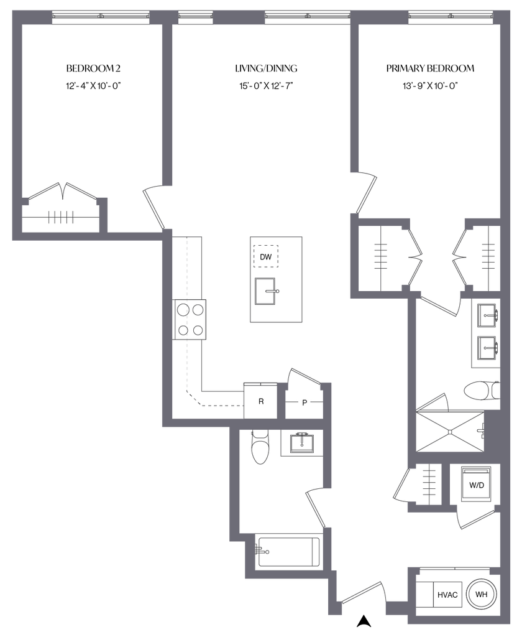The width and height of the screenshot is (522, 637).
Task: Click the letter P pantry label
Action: [304, 402]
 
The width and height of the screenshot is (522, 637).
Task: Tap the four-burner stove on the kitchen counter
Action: [190, 319]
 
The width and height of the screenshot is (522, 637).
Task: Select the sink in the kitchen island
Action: [268, 291]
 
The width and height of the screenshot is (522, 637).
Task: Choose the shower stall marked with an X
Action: [451, 430]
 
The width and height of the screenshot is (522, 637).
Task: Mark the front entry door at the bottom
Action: [363, 591]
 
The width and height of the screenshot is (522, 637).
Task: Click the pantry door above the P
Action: [304, 374]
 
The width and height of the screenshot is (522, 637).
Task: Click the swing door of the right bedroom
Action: [367, 193]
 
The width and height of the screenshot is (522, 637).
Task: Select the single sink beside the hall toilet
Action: [301, 444]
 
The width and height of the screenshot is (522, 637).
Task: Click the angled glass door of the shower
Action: [431, 402]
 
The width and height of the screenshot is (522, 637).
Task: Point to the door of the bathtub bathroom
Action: [315, 507]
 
